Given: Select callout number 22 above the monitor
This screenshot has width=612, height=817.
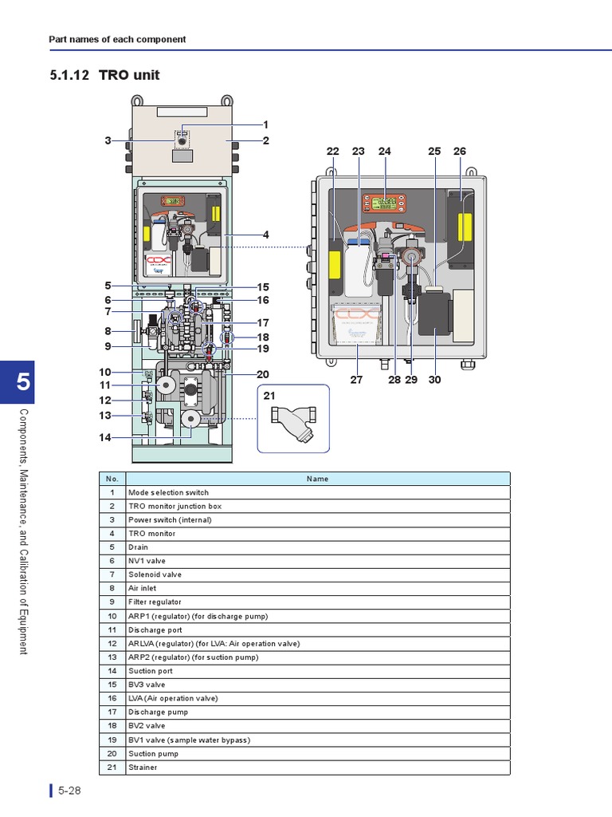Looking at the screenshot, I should [x=333, y=152].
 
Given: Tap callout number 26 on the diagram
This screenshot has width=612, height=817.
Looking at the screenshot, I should [x=460, y=152].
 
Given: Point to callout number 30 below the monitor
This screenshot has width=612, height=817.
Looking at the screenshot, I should [x=434, y=380].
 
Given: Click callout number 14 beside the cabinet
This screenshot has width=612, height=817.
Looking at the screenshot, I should [x=105, y=437].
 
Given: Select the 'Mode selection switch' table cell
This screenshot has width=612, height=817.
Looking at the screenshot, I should [x=317, y=492].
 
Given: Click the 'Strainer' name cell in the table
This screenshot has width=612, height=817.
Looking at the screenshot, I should [x=317, y=768].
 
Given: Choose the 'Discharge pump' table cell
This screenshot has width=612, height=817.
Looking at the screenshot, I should [x=317, y=712].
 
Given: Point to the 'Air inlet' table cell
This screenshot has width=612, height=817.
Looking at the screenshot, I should [x=317, y=588].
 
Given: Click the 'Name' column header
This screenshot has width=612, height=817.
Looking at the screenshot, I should [x=317, y=479].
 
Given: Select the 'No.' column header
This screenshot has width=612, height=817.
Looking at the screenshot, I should [x=112, y=479].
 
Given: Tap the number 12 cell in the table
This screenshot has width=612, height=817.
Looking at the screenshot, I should [x=112, y=644].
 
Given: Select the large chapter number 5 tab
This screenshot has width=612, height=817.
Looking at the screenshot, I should [x=22, y=382].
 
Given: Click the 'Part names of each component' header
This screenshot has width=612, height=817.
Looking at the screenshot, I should [x=117, y=39].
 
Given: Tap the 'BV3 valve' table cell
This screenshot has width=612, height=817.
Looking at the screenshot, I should [x=317, y=685].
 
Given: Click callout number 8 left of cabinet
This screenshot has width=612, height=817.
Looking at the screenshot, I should [x=107, y=331].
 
